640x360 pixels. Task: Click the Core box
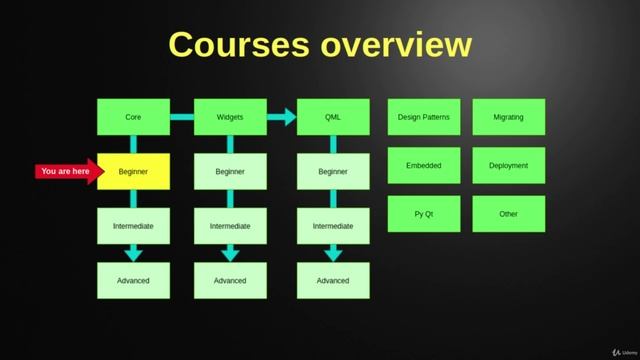tap(133, 117)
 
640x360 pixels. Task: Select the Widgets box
tap(230, 117)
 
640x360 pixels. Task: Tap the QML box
tap(333, 117)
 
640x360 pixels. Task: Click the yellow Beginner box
tap(133, 171)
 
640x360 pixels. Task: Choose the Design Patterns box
tap(424, 117)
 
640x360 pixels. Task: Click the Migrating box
tap(508, 117)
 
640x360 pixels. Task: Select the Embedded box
tap(424, 166)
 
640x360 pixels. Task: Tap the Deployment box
tap(508, 166)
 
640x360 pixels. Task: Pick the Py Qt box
tap(424, 214)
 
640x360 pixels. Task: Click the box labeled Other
tap(508, 214)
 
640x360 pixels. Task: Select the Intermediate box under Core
tap(133, 226)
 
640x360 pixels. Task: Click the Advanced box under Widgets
tap(230, 280)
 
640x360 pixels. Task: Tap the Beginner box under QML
tap(333, 171)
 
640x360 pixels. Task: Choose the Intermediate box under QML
tap(333, 226)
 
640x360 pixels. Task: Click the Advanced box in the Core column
tap(133, 280)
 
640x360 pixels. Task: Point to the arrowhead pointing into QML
tap(288, 117)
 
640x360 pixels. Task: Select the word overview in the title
tap(396, 45)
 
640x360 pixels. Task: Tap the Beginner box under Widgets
tap(230, 171)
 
